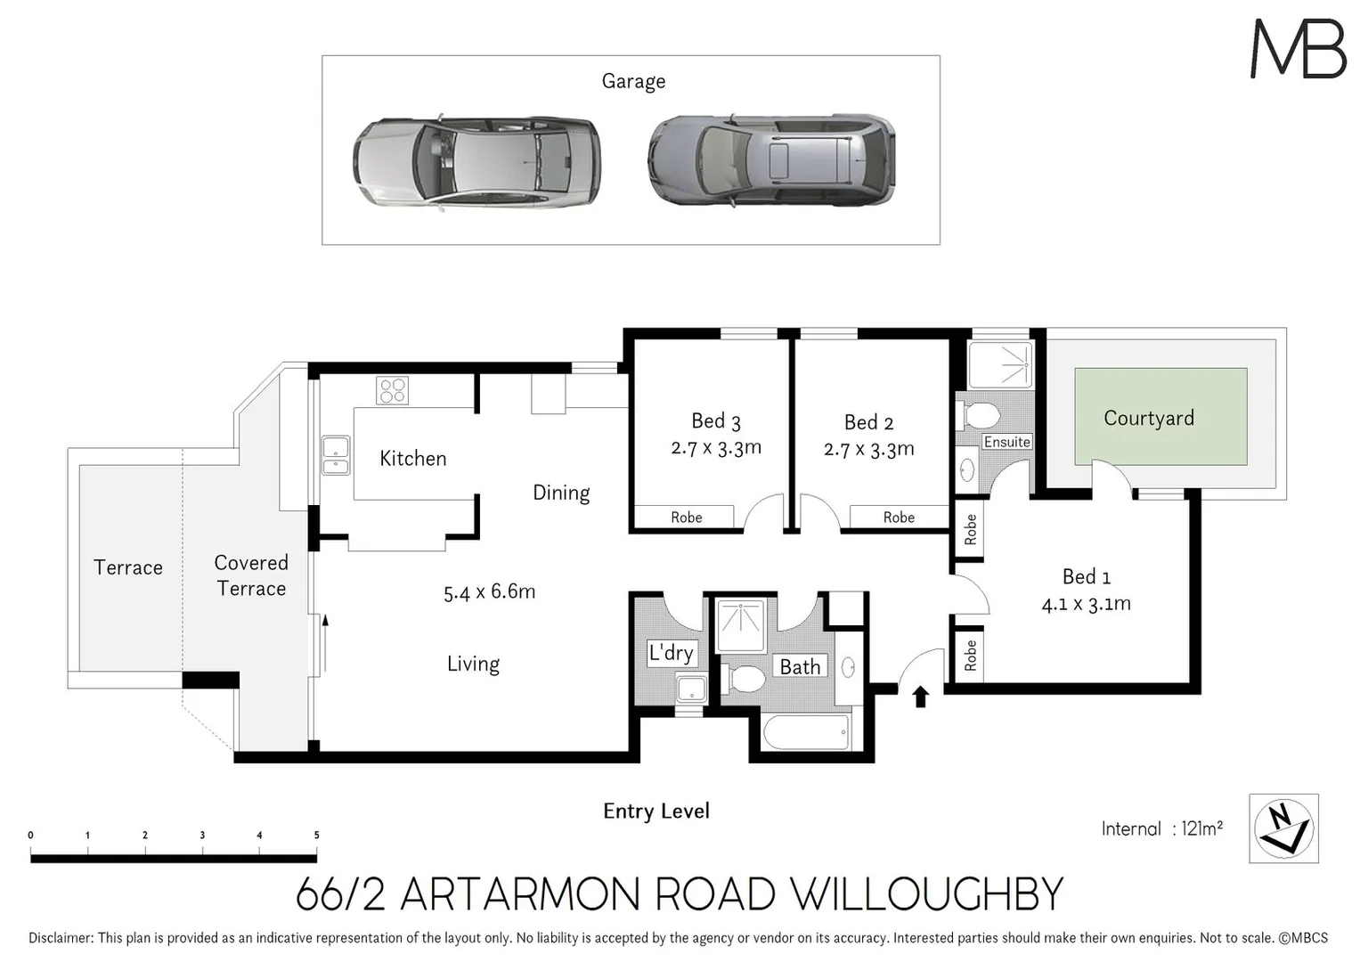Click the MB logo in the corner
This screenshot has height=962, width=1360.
coord(1298,49)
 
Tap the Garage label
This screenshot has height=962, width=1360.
coord(633,81)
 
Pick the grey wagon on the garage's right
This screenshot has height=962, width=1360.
coord(770,160)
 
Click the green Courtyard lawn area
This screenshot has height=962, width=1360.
coord(1160,417)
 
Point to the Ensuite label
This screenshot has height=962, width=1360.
coord(1006,442)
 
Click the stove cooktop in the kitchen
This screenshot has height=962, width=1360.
coord(392,391)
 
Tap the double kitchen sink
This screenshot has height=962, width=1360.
coord(336,454)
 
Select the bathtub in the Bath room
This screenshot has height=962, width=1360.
coord(806,733)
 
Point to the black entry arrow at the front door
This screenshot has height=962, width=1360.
coord(921,696)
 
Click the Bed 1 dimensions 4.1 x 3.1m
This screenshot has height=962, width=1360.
coord(1086,604)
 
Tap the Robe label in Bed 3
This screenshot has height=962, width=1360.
coord(686,518)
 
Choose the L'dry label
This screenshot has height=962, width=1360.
coord(671,653)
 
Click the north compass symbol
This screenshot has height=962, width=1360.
coord(1283,828)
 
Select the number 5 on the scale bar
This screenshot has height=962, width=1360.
coord(316,836)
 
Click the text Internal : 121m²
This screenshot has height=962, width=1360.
coord(1161,829)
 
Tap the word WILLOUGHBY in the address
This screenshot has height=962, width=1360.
coord(927,894)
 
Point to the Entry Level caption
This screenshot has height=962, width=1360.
coord(656,811)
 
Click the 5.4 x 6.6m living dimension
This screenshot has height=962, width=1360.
coord(489,591)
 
